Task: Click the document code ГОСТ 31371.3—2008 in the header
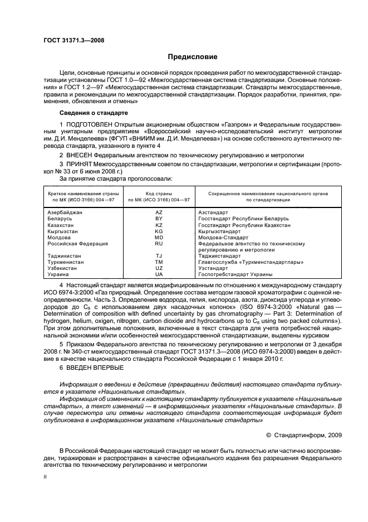pos(73,40)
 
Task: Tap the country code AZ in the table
pos(159,213)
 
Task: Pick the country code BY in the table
pos(159,219)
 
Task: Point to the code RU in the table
pos(159,244)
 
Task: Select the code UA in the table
pos(159,274)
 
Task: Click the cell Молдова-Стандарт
pos(223,237)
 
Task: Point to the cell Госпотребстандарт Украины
pos(235,274)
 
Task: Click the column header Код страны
pos(159,192)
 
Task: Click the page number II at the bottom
pos(46,477)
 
